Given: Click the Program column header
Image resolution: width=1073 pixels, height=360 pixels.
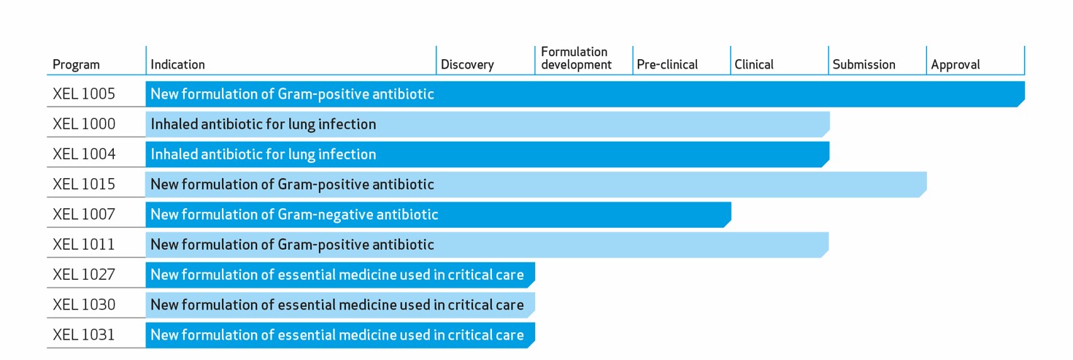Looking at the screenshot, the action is click(x=76, y=65).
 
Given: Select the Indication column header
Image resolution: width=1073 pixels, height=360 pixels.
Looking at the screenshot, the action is click(x=177, y=65).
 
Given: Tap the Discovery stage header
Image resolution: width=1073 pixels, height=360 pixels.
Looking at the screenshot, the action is click(x=467, y=65).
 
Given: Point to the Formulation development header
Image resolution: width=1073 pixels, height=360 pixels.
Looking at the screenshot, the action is click(x=576, y=58).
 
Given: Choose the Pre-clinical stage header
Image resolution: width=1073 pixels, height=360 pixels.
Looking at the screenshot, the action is click(x=667, y=65).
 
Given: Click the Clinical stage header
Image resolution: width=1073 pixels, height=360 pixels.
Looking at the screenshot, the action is click(x=754, y=65).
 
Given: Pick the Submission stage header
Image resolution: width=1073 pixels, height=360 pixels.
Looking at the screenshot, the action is click(x=864, y=65).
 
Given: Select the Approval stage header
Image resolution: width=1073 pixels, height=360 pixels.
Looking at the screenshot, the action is click(x=955, y=65).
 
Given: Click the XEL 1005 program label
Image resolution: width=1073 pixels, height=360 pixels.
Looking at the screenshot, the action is click(x=84, y=94).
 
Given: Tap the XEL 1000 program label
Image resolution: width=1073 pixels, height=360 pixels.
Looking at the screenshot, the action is click(x=84, y=124).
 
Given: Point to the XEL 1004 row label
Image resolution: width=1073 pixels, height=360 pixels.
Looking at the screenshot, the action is click(x=84, y=154).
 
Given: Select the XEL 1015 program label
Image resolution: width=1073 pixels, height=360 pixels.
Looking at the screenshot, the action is click(x=84, y=185).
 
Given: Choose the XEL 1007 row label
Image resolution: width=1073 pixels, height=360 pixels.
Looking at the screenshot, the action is click(x=84, y=214).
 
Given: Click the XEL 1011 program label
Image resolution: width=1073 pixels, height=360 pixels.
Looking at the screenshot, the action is click(x=84, y=245).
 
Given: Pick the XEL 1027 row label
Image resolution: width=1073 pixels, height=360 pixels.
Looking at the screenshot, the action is click(x=84, y=275).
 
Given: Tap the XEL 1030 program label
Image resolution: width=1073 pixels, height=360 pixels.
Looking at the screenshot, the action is click(x=84, y=305).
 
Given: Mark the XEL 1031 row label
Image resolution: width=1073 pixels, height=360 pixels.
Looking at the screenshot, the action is click(x=84, y=334).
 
